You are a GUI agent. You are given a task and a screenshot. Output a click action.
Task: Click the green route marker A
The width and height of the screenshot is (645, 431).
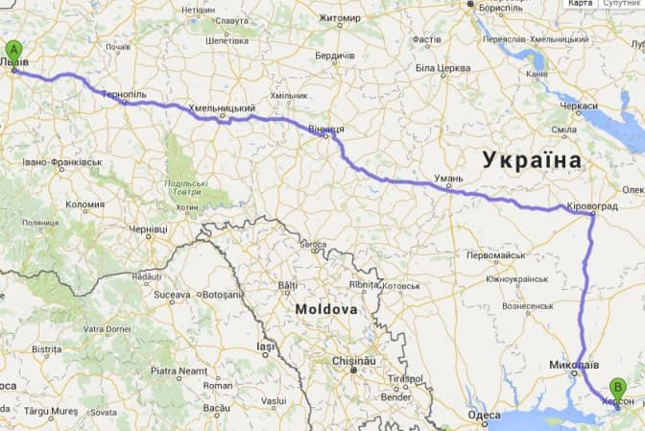pos(13,52)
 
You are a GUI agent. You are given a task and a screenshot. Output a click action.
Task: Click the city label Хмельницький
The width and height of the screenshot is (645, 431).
pos(223,108)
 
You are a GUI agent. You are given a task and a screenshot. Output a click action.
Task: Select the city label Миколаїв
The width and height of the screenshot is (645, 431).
pos(574,366)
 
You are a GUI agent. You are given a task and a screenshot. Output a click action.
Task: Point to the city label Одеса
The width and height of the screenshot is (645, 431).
pos(483,416)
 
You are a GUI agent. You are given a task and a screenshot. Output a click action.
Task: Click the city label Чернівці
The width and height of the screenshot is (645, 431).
pos(148,228)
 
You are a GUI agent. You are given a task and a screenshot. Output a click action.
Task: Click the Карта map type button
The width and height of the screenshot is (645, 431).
pos(580,4)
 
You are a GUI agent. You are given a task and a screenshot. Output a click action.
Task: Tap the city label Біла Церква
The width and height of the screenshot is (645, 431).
pos(442,68)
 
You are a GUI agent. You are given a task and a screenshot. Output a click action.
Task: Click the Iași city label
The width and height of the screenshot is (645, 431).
pos(266,346)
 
